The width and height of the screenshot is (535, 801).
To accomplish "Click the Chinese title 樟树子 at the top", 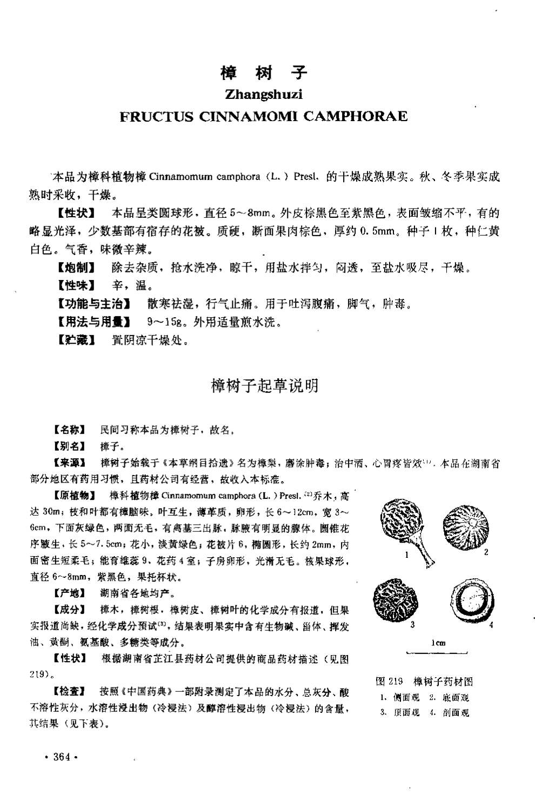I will (263, 72).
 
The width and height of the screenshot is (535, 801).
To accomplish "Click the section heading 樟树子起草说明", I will (264, 386).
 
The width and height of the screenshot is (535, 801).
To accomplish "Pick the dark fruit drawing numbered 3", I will (397, 599).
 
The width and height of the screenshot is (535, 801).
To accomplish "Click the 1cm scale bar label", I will (438, 643).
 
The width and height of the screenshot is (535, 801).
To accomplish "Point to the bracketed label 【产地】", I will (69, 593).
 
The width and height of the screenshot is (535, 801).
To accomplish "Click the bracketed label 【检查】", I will (69, 691).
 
